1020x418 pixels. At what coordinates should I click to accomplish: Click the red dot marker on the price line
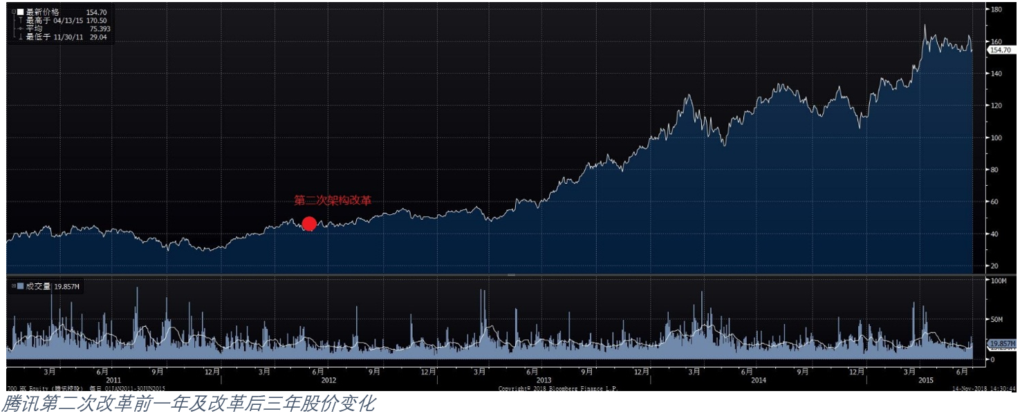tap(309, 224)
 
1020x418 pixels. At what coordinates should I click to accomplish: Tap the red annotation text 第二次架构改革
tap(333, 200)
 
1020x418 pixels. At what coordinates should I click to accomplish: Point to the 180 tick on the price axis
tap(996, 10)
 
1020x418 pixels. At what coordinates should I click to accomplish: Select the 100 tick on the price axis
tap(996, 137)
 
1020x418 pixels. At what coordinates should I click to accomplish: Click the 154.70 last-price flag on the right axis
tap(999, 50)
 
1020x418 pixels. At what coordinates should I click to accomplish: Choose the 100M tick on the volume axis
tap(998, 281)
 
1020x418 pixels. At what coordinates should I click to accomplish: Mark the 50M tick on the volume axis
tap(996, 320)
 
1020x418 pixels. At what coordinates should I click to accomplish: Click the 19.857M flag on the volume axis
tap(1001, 343)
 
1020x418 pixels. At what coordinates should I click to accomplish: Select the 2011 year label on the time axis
tap(113, 380)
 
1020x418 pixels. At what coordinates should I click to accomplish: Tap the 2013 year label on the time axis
tap(544, 380)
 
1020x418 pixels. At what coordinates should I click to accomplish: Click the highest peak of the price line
tap(925, 26)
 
